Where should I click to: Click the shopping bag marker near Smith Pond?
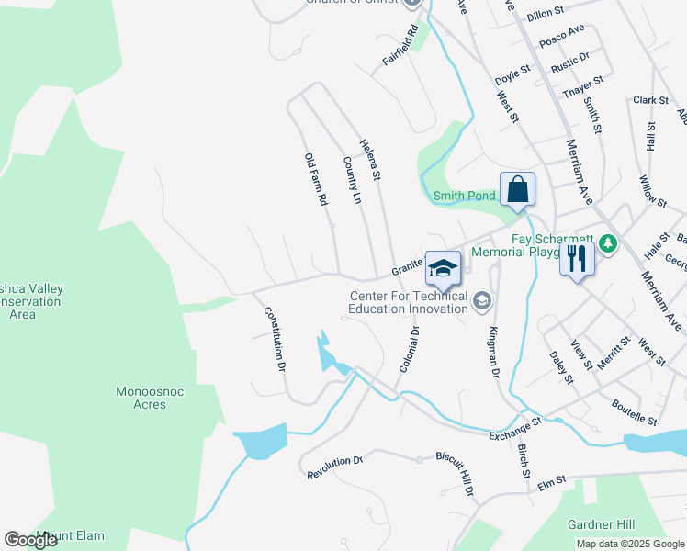[x=518, y=191]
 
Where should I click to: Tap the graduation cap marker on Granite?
[x=443, y=269]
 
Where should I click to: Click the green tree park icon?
[x=607, y=244]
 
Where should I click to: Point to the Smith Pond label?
[x=464, y=196]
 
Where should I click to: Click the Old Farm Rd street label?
[x=316, y=179]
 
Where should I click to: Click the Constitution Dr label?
[x=273, y=338]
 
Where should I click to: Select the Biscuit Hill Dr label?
[x=456, y=473]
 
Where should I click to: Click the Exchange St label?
[x=515, y=429]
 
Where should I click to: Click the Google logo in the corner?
[x=30, y=540]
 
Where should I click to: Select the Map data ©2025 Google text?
[x=629, y=544]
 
